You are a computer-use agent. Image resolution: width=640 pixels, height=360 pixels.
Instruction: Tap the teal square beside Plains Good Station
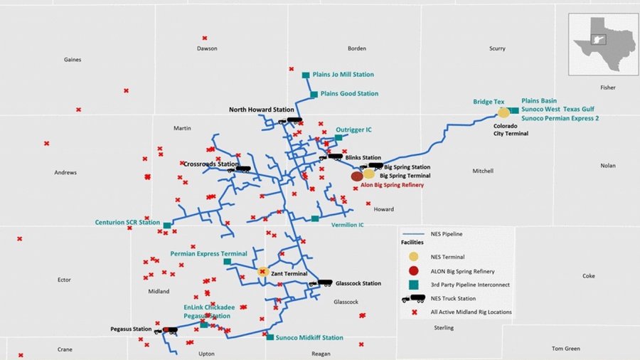[x=314, y=94]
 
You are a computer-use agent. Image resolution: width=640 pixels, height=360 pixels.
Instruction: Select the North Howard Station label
[x=261, y=110]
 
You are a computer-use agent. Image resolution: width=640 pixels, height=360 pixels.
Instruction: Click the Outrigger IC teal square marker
[x=338, y=138]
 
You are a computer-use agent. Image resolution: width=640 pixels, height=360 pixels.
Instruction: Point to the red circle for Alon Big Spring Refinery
[x=357, y=176]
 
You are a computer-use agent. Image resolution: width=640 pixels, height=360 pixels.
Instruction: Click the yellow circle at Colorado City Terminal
[x=503, y=112]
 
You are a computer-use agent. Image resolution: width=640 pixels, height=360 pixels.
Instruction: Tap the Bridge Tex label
[x=489, y=102]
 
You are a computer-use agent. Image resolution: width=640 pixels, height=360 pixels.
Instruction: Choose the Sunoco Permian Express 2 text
[x=560, y=118]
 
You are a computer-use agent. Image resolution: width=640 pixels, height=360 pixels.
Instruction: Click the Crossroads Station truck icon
[x=243, y=169]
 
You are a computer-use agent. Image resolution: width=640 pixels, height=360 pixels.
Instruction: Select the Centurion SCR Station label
[x=127, y=223]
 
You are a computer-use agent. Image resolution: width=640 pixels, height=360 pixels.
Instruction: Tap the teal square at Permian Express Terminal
[x=227, y=262]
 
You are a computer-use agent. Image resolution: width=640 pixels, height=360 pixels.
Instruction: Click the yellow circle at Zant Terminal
[x=262, y=272]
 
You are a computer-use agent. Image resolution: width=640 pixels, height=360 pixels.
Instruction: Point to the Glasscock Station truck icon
[x=324, y=282]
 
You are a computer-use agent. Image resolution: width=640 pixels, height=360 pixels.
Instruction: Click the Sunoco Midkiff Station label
[x=309, y=338]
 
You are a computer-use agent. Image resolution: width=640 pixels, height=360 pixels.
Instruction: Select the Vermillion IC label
[x=347, y=225]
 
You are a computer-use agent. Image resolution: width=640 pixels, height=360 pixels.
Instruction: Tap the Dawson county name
[x=207, y=48]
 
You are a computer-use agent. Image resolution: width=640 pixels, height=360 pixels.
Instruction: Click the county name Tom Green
[x=566, y=349]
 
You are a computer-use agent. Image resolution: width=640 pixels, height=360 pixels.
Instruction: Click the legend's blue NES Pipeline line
[x=414, y=232]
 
